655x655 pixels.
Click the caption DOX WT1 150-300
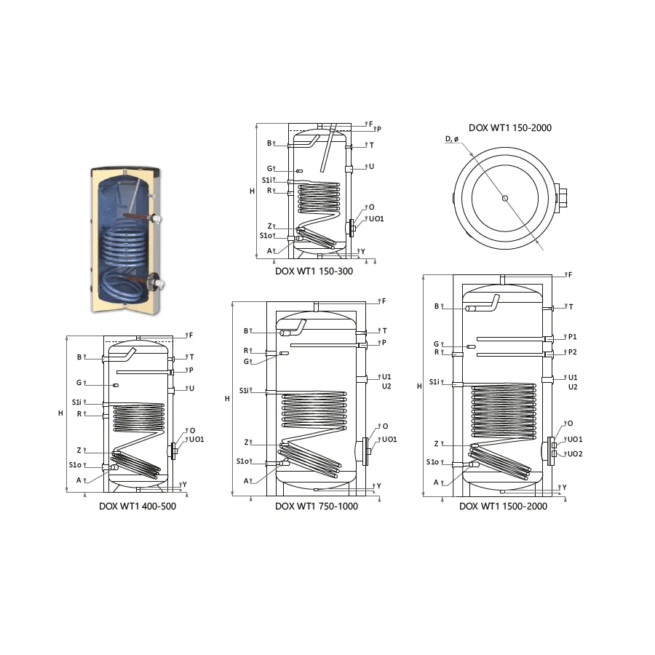[x=314, y=271]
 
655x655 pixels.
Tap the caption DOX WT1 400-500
[x=138, y=506]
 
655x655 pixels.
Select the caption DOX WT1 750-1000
[x=317, y=507]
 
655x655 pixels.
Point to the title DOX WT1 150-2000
[x=509, y=128]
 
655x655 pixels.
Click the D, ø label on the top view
[x=451, y=139]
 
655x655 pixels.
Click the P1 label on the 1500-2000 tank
[x=573, y=337]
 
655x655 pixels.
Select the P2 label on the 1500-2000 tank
[x=573, y=352]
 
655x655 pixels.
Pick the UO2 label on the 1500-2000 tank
[x=575, y=454]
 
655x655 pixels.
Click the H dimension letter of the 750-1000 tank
[x=228, y=398]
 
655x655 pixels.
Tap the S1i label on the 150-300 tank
[x=266, y=180]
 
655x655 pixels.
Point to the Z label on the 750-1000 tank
[x=247, y=442]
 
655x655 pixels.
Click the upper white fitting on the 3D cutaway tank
[x=157, y=219]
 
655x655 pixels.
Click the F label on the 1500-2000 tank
[x=570, y=275]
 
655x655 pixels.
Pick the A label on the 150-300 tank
[x=269, y=250]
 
